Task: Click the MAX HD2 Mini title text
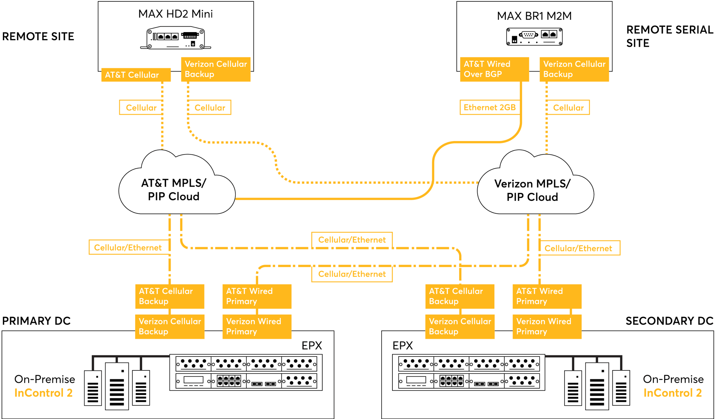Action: tap(175, 14)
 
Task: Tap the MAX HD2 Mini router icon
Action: tap(176, 38)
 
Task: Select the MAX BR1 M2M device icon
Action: tap(534, 37)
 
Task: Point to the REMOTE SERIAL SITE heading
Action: tap(670, 36)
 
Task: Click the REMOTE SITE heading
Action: tap(38, 36)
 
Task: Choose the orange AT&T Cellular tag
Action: tap(136, 75)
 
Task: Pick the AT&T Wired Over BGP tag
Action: tap(494, 69)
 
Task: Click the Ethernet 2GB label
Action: tap(489, 108)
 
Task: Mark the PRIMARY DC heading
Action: tap(36, 321)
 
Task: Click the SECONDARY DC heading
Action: tap(669, 321)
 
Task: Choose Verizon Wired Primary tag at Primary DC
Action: tap(257, 326)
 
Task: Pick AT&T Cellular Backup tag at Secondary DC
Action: tap(460, 296)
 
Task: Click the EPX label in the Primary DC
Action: tap(312, 346)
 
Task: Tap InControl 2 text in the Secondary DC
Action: tap(672, 393)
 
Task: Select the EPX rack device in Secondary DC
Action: tap(469, 372)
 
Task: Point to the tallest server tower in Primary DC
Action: tap(117, 386)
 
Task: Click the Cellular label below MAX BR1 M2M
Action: tap(568, 108)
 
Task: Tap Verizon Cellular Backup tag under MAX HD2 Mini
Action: tap(216, 69)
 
